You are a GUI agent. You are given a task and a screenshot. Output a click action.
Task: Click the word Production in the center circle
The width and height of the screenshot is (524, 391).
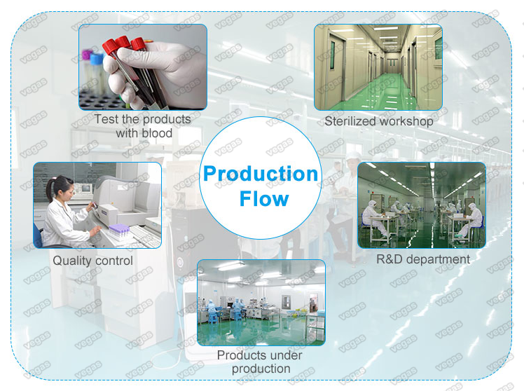point(261,174)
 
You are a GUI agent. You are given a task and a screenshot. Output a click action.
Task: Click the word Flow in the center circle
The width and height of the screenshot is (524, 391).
point(263,198)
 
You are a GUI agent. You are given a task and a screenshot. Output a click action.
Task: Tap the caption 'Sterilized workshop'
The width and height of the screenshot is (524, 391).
point(378,121)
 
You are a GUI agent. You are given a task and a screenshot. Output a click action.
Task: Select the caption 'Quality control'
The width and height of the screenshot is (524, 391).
point(92,261)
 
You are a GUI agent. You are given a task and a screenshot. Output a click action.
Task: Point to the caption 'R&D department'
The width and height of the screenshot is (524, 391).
point(423,259)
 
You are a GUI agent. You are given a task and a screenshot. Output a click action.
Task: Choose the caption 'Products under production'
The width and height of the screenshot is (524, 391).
point(259,362)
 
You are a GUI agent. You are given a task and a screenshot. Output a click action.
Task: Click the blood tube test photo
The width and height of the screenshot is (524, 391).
point(142,67)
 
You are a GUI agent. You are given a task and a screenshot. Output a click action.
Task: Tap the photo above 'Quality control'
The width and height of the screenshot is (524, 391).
point(97,205)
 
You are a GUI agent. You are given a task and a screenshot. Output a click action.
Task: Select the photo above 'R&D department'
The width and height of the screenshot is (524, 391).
point(422,205)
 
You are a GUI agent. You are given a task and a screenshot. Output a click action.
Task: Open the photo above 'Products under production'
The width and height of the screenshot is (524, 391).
point(261,302)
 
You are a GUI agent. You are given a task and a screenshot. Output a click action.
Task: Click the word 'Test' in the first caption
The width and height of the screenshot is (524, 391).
point(106,120)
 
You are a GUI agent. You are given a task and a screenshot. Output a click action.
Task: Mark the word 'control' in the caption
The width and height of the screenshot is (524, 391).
point(113,261)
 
